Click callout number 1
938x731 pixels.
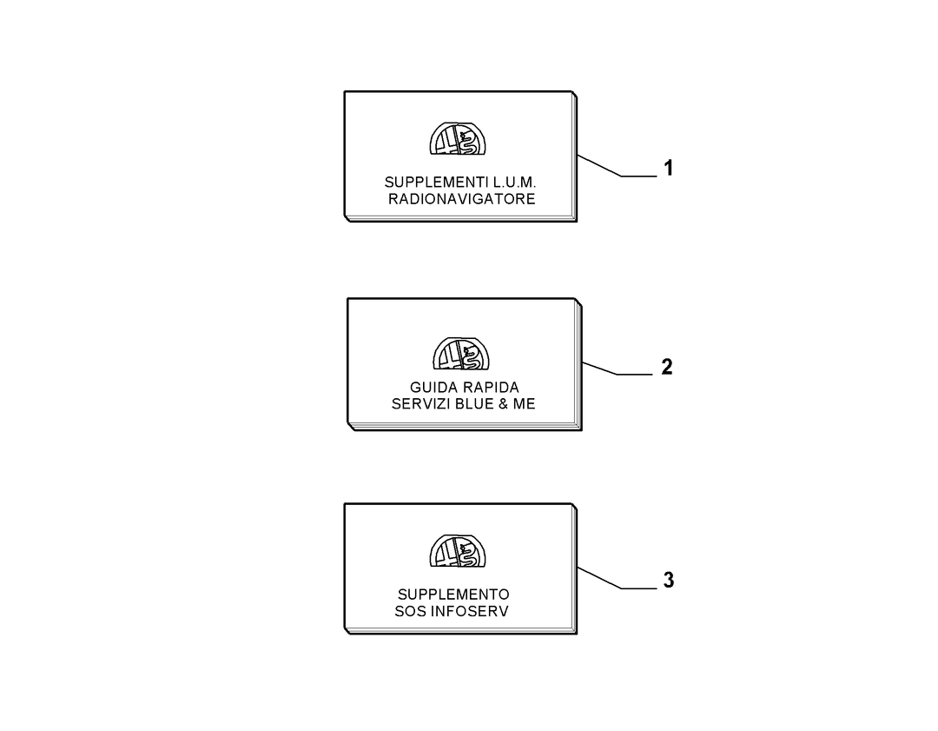click(668, 168)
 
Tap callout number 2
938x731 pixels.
click(667, 367)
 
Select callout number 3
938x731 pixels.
click(668, 580)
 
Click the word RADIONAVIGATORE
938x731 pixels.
click(461, 199)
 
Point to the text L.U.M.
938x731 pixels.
click(514, 182)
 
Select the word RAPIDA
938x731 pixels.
click(489, 388)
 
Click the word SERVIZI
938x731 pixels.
click(421, 404)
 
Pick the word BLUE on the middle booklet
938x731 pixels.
click(474, 404)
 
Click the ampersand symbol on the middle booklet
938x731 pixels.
click(503, 404)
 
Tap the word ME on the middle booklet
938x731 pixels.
click(524, 404)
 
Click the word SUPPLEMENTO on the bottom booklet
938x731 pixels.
click(453, 595)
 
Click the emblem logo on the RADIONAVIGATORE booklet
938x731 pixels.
click(458, 138)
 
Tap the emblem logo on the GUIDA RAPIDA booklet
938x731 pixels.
click(461, 353)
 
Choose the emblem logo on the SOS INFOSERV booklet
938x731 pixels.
click(458, 551)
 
